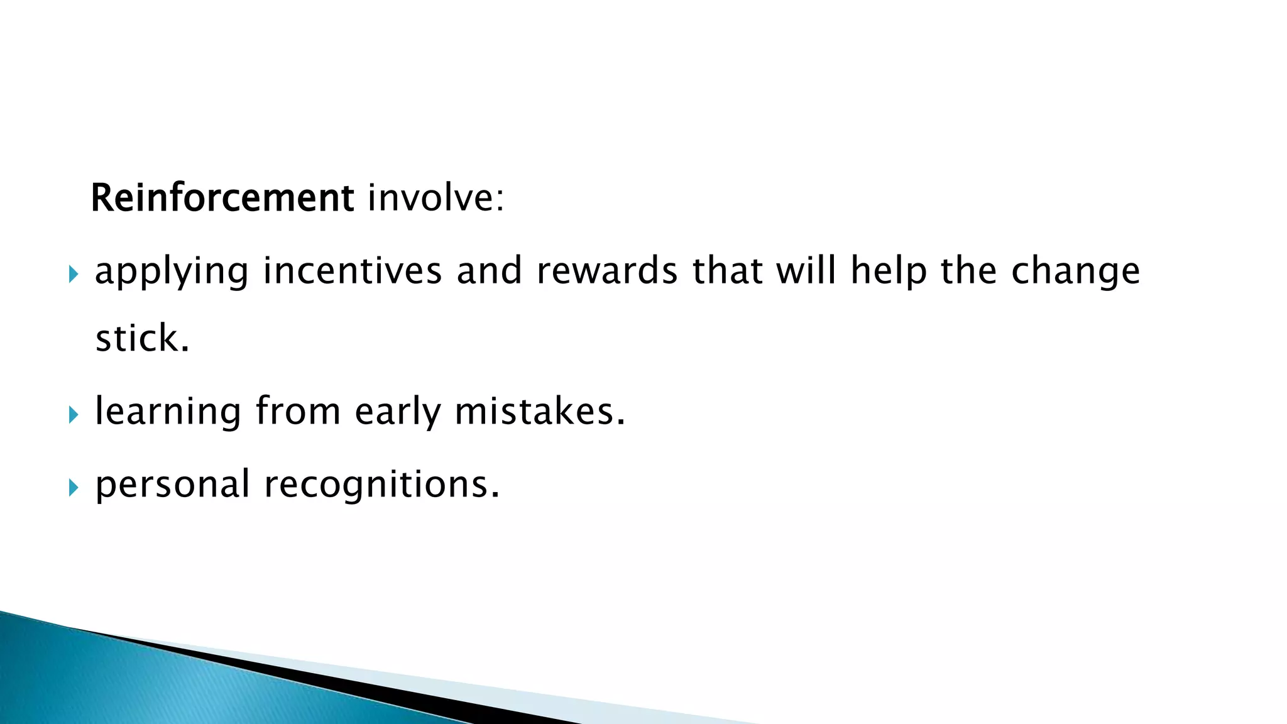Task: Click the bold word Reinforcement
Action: click(x=222, y=198)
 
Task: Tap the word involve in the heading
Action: click(x=435, y=198)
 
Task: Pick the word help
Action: click(x=889, y=271)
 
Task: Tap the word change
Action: click(x=1075, y=271)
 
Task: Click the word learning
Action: click(x=168, y=412)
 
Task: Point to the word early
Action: click(x=398, y=412)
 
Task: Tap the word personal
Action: click(x=172, y=485)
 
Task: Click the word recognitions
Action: click(x=381, y=485)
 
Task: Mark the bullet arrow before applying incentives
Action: click(x=74, y=273)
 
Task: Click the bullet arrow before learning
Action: click(x=74, y=414)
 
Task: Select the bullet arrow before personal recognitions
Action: click(x=74, y=487)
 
